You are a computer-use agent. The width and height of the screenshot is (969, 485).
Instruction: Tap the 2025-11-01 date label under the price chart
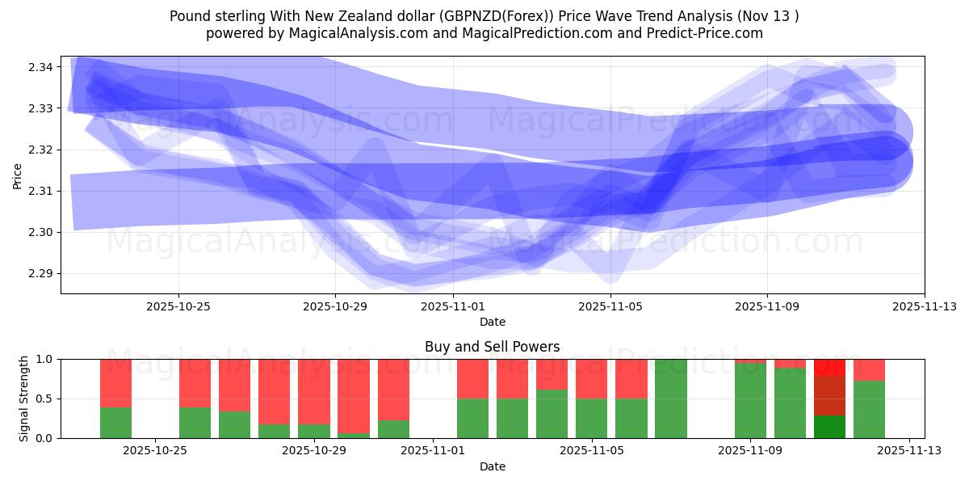point(453,307)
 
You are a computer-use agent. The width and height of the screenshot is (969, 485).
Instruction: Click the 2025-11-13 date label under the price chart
point(924,307)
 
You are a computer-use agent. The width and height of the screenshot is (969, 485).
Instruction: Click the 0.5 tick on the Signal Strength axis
point(44,399)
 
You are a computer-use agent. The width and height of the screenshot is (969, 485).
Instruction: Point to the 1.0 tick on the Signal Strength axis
point(44,359)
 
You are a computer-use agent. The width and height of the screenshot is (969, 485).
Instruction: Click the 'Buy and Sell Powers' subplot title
point(492,347)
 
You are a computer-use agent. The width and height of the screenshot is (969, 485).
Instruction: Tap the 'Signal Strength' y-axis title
point(24,399)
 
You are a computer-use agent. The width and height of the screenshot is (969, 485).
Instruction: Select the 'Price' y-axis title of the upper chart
point(18,175)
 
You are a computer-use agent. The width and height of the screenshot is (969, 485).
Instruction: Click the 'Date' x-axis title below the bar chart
point(492,466)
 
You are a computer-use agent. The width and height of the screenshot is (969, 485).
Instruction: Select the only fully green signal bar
point(671,399)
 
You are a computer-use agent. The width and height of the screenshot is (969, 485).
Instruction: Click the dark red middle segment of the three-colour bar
point(829,395)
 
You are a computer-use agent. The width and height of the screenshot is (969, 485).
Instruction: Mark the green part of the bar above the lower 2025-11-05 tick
point(592,418)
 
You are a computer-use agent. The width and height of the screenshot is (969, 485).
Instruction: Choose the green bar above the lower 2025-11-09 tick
point(750,400)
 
